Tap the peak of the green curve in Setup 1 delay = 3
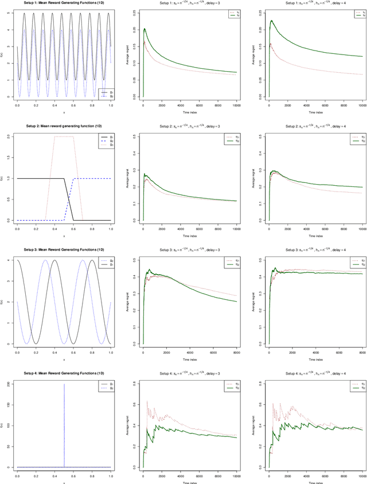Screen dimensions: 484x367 (145, 29)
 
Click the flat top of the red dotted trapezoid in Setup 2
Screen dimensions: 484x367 (64, 136)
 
